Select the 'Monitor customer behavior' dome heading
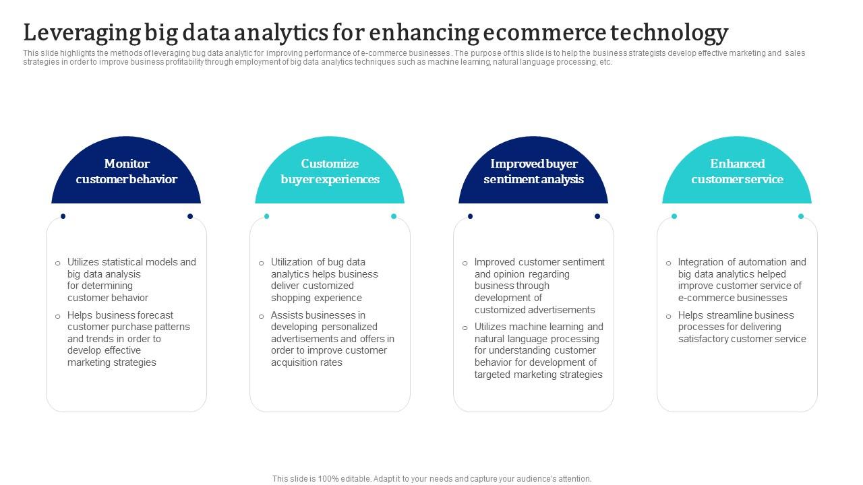tap(126, 171)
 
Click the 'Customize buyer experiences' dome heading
tap(330, 171)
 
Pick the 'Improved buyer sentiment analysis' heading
tap(533, 171)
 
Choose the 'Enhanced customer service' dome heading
tap(737, 171)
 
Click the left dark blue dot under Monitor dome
tap(63, 216)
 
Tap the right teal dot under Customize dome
tap(394, 216)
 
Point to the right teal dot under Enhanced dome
tap(801, 216)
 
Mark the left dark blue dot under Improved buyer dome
tap(471, 216)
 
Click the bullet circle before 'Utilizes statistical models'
tap(58, 263)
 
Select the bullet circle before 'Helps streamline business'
tap(669, 316)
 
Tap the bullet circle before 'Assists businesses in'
tap(262, 316)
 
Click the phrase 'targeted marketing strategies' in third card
tap(538, 375)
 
